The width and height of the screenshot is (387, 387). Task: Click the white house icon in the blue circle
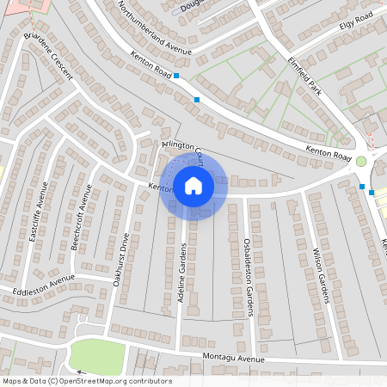pos(193,185)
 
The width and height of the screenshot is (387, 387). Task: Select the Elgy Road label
pos(355,17)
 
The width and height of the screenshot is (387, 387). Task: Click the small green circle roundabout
pos(361,161)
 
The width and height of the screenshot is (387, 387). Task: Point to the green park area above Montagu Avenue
pos(96,356)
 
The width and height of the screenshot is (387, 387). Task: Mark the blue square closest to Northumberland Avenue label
pos(176,77)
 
